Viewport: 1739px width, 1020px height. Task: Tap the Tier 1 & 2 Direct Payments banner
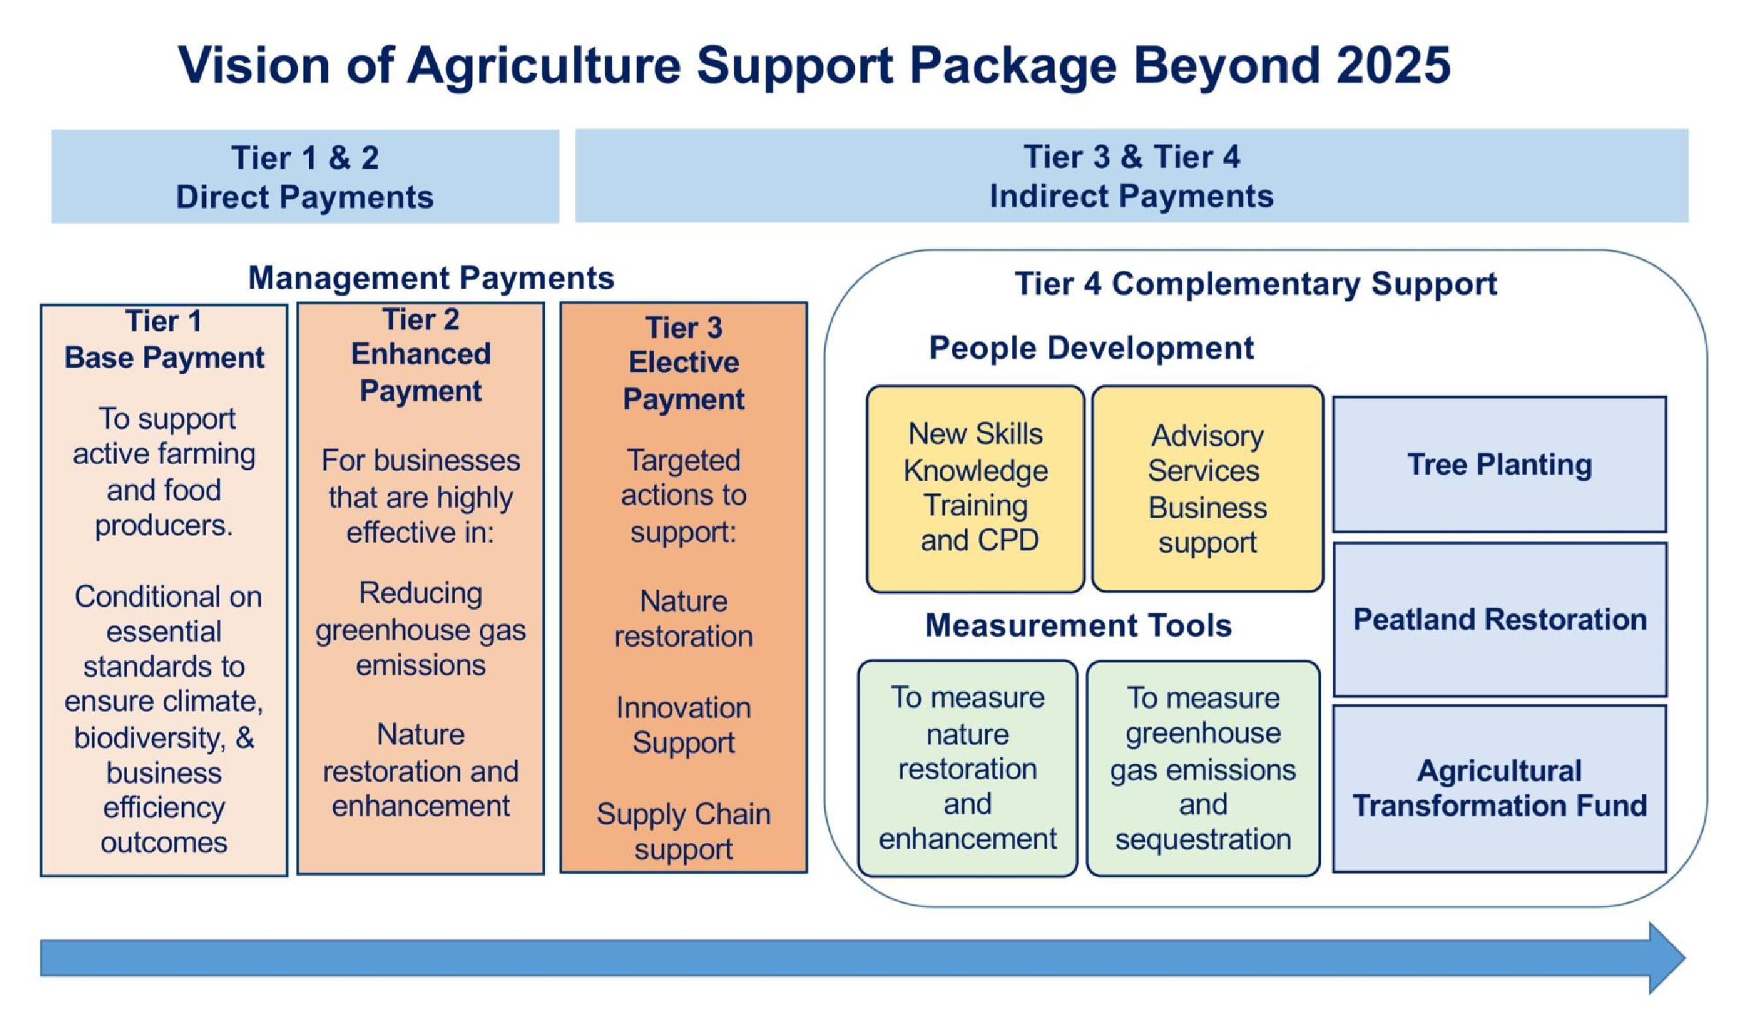pyautogui.click(x=305, y=177)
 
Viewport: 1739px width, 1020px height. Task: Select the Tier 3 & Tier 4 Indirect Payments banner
pyautogui.click(x=1131, y=176)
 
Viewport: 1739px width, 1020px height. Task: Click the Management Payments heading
pyautogui.click(x=431, y=278)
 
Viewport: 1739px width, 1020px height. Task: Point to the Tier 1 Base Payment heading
pyautogui.click(x=164, y=340)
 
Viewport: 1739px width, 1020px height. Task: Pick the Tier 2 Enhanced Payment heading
pyautogui.click(x=421, y=355)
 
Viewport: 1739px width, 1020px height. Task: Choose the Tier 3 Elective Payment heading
pyautogui.click(x=683, y=363)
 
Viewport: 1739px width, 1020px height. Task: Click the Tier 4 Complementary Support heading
pyautogui.click(x=1255, y=284)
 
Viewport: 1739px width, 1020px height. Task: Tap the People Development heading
pyautogui.click(x=1091, y=348)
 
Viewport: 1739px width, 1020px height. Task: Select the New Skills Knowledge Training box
pyautogui.click(x=975, y=488)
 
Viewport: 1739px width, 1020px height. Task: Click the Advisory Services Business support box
pyautogui.click(x=1207, y=488)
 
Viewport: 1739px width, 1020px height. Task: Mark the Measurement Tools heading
pyautogui.click(x=1078, y=626)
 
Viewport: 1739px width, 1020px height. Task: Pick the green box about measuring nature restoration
pyautogui.click(x=968, y=769)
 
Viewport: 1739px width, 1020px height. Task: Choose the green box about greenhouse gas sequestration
pyautogui.click(x=1203, y=769)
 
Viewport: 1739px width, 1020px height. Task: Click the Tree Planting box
pyautogui.click(x=1499, y=465)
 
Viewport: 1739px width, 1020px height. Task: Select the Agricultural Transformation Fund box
pyautogui.click(x=1499, y=788)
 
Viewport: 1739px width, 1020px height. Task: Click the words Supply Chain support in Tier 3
pyautogui.click(x=683, y=831)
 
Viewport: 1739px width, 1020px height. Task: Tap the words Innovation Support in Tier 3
pyautogui.click(x=683, y=725)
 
